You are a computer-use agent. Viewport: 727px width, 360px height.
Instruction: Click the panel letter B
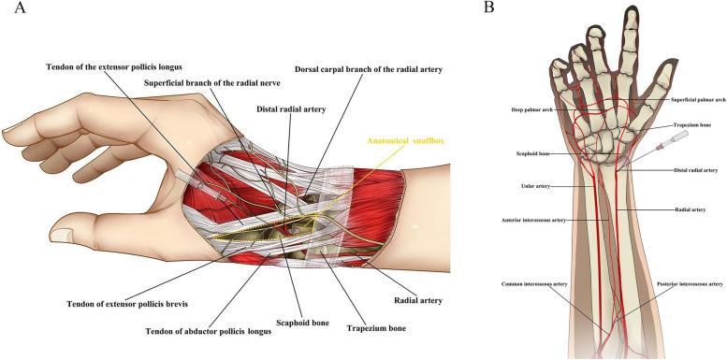pos(489,8)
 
